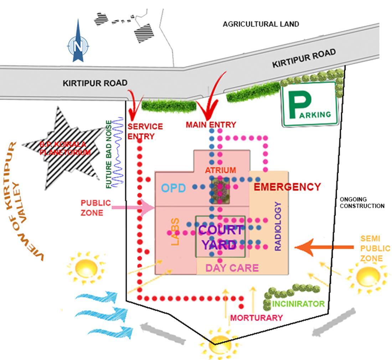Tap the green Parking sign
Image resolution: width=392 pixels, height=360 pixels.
(310, 104)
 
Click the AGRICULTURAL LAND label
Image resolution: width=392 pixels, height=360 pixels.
(261, 24)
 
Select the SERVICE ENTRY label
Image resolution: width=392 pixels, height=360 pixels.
(145, 131)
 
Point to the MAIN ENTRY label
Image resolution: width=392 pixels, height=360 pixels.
(211, 125)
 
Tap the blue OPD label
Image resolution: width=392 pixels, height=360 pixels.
(174, 188)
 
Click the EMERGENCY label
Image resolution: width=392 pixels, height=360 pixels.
(287, 187)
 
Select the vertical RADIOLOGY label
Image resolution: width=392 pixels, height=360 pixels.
(278, 226)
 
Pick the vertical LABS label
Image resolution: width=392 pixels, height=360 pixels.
(175, 231)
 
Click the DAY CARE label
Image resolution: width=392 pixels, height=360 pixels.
(232, 268)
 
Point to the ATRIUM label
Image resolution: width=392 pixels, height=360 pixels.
(220, 170)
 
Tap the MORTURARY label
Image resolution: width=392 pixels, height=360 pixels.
(256, 318)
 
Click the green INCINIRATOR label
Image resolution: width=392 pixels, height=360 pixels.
(298, 304)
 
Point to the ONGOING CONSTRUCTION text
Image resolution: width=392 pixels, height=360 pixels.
(362, 203)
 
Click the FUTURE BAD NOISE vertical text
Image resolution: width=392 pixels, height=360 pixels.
(109, 154)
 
